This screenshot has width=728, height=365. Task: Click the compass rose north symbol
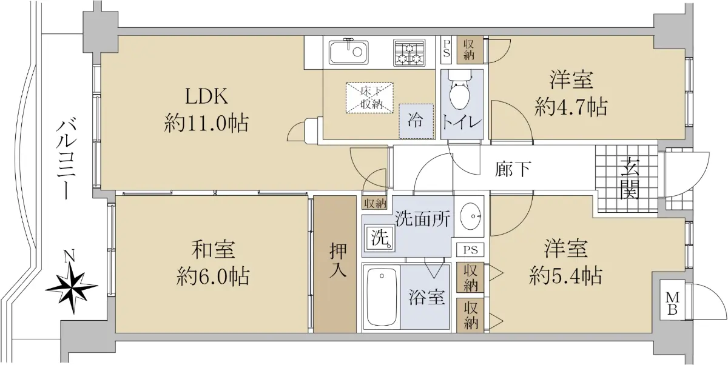pyautogui.click(x=72, y=286)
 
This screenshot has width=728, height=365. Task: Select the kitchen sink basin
pyautogui.click(x=348, y=52)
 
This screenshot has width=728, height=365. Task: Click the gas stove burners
pyautogui.click(x=409, y=53)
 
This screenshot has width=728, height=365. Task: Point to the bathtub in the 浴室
pyautogui.click(x=382, y=298)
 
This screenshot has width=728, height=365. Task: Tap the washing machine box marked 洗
pyautogui.click(x=380, y=238)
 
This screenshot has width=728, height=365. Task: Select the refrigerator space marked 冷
pyautogui.click(x=416, y=121)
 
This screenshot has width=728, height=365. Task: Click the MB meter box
pyautogui.click(x=672, y=303)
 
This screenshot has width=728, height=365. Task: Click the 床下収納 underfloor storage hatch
pyautogui.click(x=369, y=98)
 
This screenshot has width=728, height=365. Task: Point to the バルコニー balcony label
pyautogui.click(x=67, y=159)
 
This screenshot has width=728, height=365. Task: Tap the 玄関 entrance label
pyautogui.click(x=630, y=178)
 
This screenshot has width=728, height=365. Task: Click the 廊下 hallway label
pyautogui.click(x=513, y=169)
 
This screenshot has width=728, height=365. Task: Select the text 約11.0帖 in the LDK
pyautogui.click(x=207, y=123)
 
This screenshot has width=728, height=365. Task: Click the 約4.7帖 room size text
pyautogui.click(x=571, y=107)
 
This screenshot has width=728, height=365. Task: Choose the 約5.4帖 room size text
pyautogui.click(x=566, y=276)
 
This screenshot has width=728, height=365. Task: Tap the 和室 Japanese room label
pyautogui.click(x=213, y=249)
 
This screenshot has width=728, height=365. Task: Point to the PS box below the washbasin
pyautogui.click(x=470, y=250)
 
